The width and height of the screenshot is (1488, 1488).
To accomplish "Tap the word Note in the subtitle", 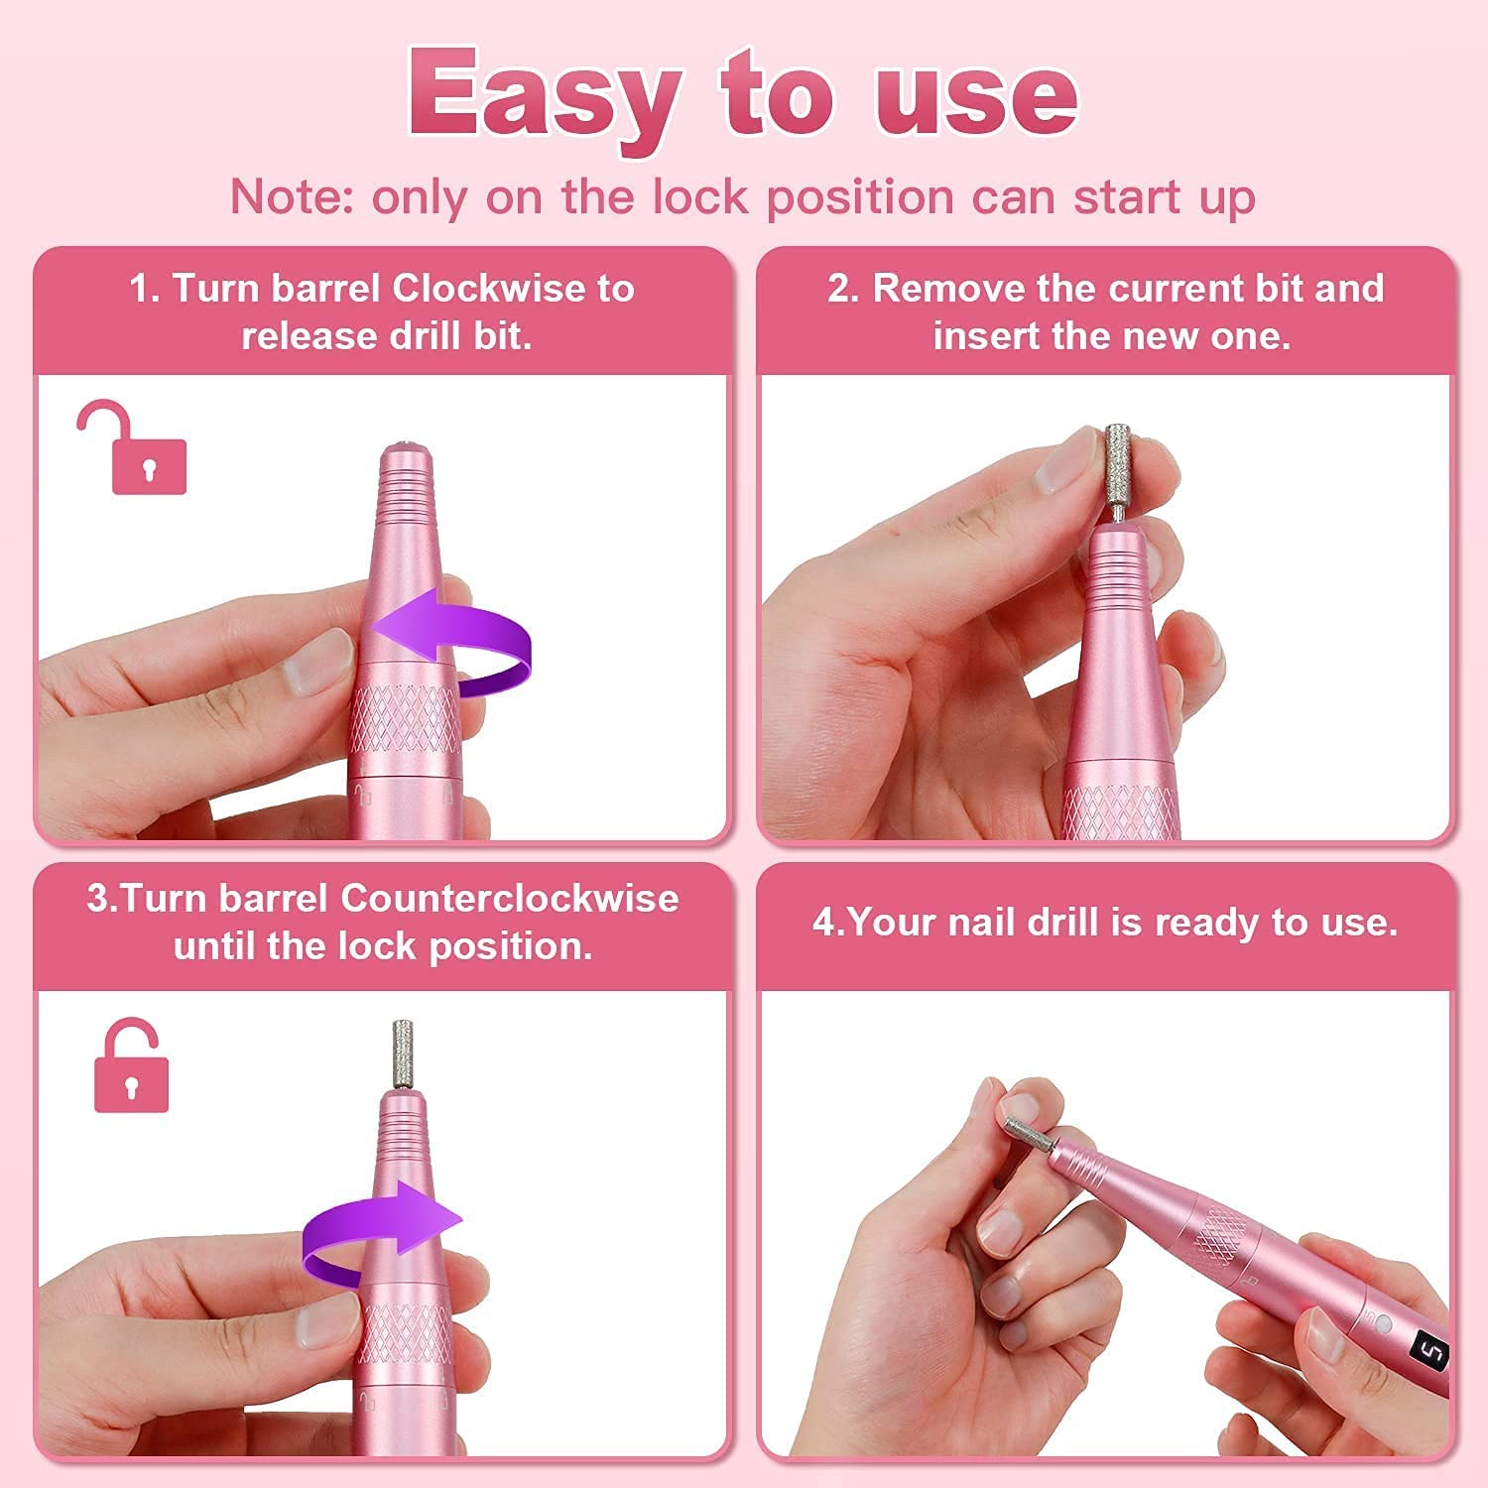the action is tap(285, 197).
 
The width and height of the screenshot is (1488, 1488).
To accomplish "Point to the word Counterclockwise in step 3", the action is tap(510, 899).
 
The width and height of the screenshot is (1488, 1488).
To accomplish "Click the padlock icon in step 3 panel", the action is tap(131, 1064).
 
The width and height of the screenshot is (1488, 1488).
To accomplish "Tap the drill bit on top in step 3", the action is tap(403, 1056).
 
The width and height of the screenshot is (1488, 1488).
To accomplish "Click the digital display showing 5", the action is tap(1433, 1353).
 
